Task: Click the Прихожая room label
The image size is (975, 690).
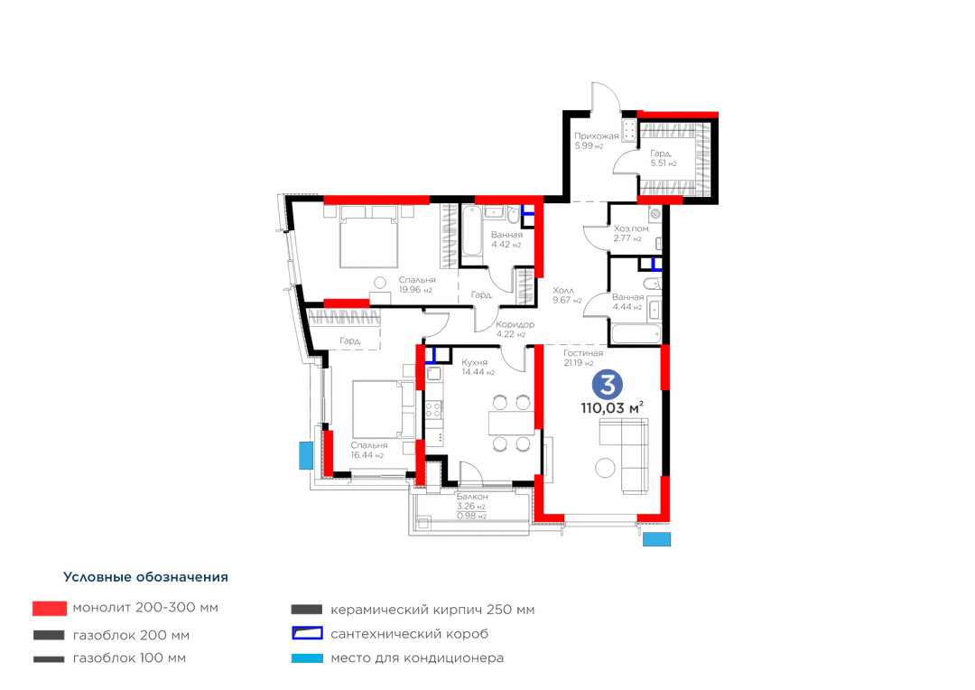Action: point(597,136)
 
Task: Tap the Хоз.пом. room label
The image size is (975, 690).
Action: point(632,228)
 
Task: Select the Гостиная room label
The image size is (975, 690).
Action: point(583,353)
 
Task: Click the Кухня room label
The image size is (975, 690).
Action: point(475,362)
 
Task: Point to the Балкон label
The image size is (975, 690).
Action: point(472,497)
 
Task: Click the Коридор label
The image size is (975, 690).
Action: point(515,324)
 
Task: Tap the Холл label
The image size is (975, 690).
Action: point(563,291)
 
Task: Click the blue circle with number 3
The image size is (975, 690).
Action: point(607,385)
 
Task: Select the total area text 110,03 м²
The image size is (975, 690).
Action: point(612,407)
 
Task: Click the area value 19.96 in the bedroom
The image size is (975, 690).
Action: point(410,289)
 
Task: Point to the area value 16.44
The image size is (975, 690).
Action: point(361,455)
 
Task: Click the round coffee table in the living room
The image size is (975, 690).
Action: point(605,467)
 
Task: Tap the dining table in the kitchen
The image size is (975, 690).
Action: point(511,423)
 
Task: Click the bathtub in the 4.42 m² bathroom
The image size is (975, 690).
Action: point(472,231)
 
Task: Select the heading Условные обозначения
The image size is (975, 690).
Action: point(145,577)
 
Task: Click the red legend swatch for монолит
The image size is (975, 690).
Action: point(50,609)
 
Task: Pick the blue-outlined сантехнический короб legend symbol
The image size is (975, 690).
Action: point(307,633)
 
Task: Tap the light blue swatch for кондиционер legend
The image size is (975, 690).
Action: point(307,657)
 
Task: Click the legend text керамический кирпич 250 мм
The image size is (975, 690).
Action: point(432,610)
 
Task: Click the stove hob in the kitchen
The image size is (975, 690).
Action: point(433,410)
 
